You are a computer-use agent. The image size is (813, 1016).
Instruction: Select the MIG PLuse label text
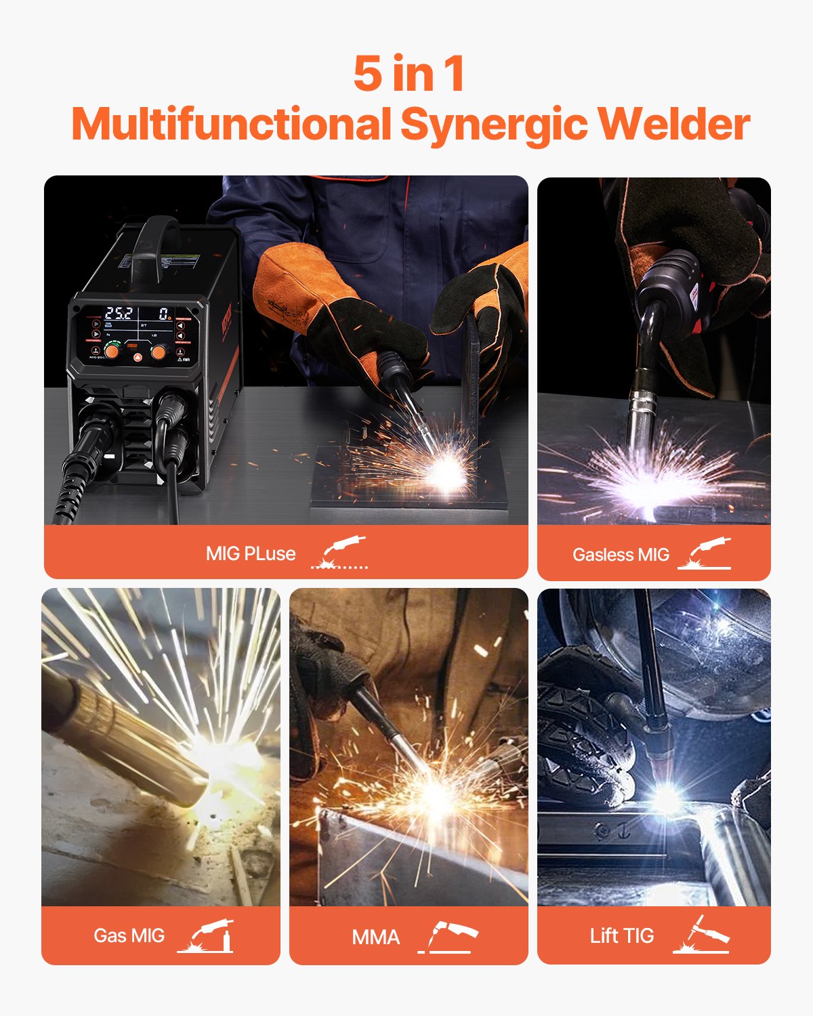click(x=251, y=553)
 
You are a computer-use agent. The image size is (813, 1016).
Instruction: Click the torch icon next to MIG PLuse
click(x=340, y=552)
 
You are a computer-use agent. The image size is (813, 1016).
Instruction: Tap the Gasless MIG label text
click(x=621, y=555)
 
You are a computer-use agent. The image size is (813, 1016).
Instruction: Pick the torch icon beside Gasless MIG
click(x=705, y=553)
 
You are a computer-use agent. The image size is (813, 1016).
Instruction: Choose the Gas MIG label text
click(x=129, y=935)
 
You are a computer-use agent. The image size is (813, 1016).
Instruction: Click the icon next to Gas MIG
click(x=206, y=936)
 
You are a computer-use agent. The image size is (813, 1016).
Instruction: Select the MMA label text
click(x=376, y=937)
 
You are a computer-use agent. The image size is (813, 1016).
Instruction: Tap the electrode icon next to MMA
click(x=448, y=937)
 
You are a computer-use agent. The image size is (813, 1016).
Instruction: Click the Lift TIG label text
click(x=622, y=936)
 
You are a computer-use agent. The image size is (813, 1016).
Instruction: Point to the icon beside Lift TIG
click(x=701, y=935)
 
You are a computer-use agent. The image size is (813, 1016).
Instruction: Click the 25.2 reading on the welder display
click(x=119, y=314)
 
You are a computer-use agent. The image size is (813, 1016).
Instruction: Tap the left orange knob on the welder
click(x=111, y=352)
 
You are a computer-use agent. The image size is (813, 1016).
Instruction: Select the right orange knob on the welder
click(x=159, y=352)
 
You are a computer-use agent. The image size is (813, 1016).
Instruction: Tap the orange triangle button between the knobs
click(x=135, y=357)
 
